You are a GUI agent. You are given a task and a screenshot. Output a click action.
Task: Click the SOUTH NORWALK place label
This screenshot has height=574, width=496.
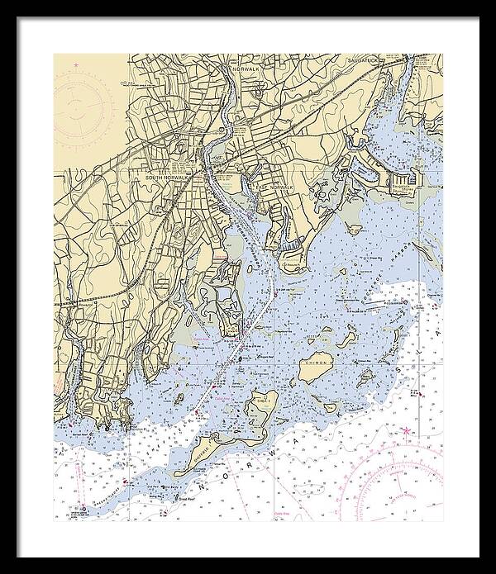[163, 178]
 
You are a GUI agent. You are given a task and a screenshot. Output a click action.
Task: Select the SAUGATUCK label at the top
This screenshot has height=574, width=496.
[365, 61]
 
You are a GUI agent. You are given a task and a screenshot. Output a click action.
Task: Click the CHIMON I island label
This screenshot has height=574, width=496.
[318, 362]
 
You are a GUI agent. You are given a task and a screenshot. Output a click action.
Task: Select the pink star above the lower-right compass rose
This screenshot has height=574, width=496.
[405, 431]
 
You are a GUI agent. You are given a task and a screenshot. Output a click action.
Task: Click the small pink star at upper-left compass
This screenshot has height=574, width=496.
[77, 64]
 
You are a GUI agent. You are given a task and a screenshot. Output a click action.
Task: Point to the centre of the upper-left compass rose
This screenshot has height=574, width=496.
[83, 106]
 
